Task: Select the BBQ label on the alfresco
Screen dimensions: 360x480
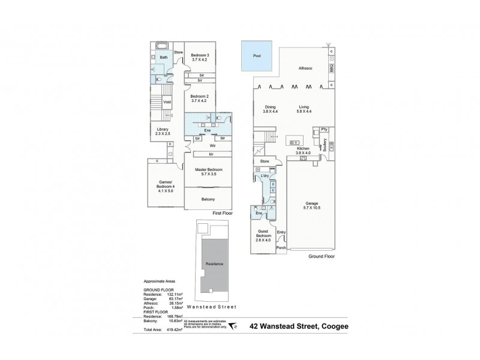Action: [x=331, y=70]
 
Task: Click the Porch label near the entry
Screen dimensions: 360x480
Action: [x=280, y=247]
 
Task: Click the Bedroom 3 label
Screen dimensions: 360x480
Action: [x=199, y=56]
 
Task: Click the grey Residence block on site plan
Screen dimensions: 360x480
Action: [x=215, y=265]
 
